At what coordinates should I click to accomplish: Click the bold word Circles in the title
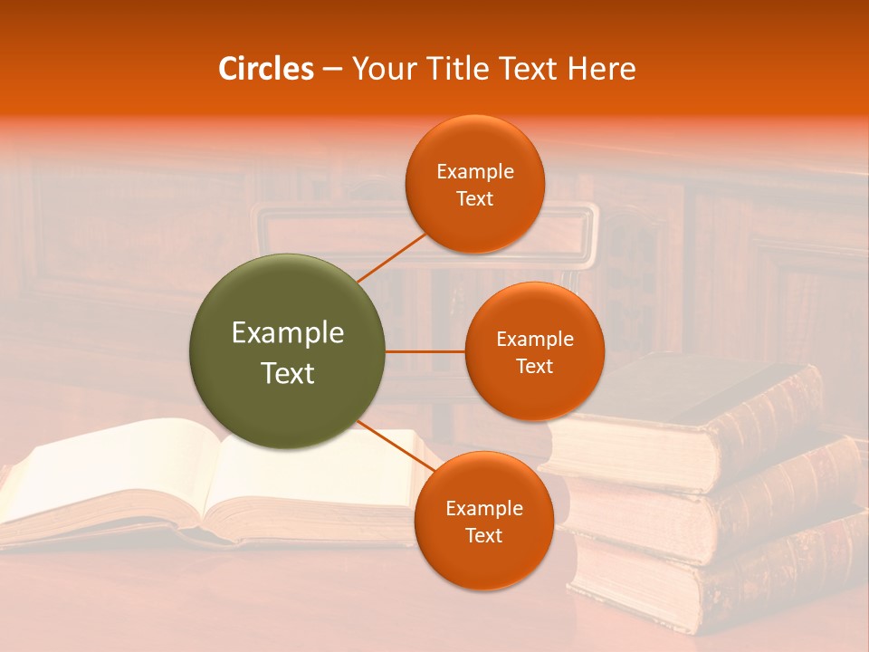[266, 69]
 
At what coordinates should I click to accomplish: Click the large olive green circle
[287, 351]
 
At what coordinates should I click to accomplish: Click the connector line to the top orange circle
[392, 258]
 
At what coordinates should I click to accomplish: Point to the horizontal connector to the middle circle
[425, 351]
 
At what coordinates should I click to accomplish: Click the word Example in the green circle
[288, 333]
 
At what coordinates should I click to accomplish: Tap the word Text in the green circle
[288, 373]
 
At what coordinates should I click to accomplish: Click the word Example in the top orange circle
[474, 172]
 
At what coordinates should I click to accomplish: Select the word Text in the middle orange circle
[534, 367]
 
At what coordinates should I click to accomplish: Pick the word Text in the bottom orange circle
[483, 536]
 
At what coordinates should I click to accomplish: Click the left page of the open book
[109, 475]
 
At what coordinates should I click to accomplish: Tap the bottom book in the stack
[724, 580]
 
